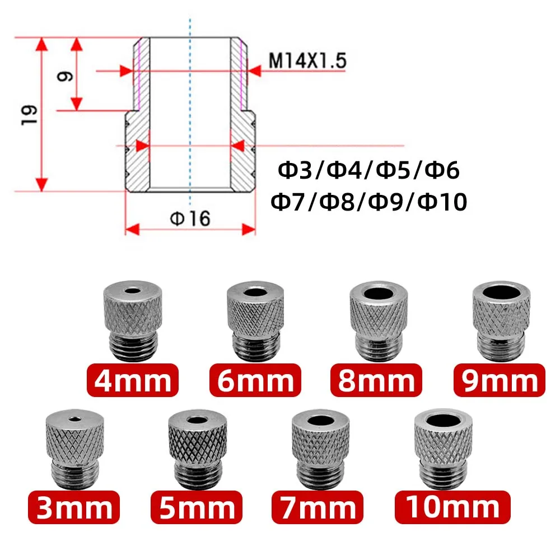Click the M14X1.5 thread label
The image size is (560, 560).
[x=307, y=60]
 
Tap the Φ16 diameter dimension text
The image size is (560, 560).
[x=191, y=218]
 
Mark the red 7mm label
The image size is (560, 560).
[x=318, y=507]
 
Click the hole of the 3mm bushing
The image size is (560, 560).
[x=74, y=417]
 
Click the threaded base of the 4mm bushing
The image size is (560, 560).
[x=133, y=347]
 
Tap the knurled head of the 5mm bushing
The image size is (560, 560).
[x=197, y=442]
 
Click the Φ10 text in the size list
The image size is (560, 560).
[x=442, y=201]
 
